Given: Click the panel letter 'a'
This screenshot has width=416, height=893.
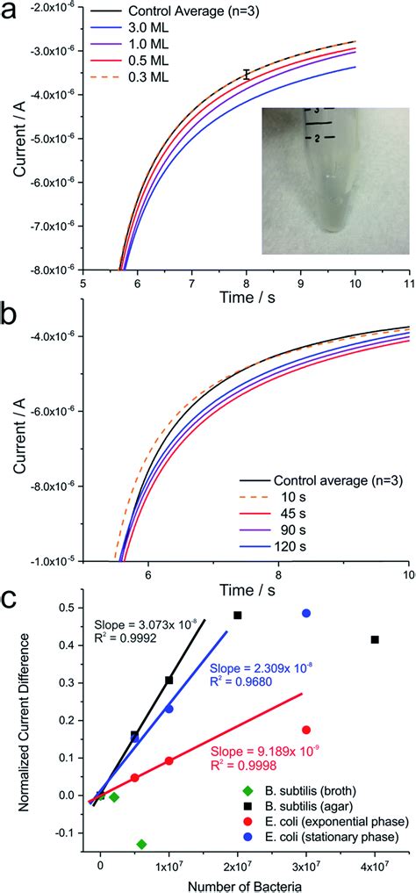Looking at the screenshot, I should click(x=19, y=14).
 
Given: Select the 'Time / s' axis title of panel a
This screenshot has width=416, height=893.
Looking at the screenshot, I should click(x=245, y=301).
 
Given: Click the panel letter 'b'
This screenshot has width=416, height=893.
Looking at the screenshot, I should click(x=19, y=313).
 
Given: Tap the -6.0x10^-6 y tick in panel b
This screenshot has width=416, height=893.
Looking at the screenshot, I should click(x=49, y=411).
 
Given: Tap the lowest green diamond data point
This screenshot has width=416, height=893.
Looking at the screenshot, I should click(x=141, y=844).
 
